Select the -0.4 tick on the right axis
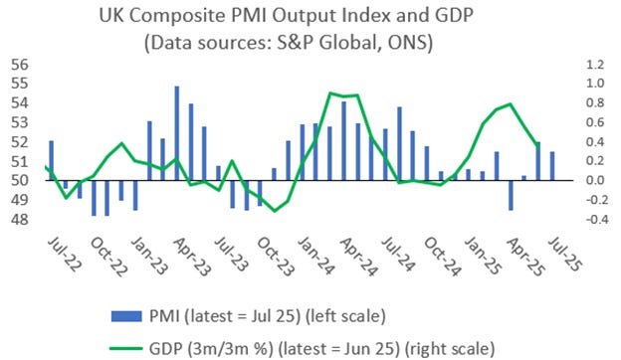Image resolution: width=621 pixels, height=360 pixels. (x=595, y=219)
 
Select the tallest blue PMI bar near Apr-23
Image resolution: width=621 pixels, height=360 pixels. (x=177, y=133)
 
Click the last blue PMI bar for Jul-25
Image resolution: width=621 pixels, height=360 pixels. (x=552, y=166)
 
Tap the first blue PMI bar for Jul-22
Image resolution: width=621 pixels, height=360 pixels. (x=52, y=161)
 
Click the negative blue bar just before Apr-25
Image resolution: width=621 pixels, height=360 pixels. (x=511, y=195)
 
